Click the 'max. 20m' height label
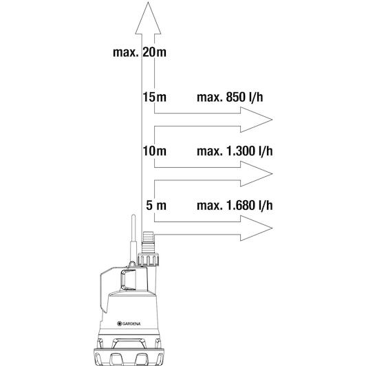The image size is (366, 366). (x=140, y=52)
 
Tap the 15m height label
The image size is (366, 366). (x=155, y=97)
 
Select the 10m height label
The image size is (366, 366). (x=155, y=151)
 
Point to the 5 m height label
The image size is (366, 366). (x=156, y=206)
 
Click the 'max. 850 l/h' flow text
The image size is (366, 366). (x=230, y=97)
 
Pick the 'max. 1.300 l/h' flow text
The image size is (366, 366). (x=235, y=151)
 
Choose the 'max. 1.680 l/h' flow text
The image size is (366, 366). (x=235, y=206)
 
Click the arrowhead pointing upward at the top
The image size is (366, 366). (x=148, y=18)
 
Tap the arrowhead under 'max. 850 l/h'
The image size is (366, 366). (x=257, y=120)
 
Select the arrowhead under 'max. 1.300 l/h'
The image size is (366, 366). (x=257, y=174)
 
